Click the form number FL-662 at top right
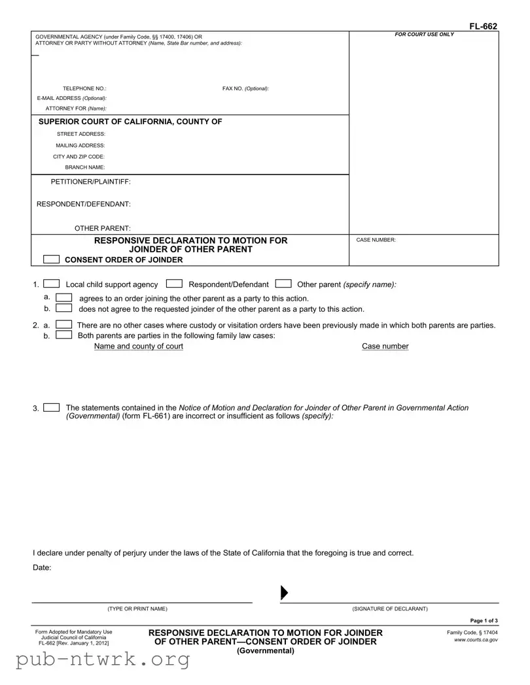pos(483,26)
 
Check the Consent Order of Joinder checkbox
pos(52,259)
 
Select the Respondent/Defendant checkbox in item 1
pos(174,284)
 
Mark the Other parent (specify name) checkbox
pos(283,284)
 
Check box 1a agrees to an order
pos(64,298)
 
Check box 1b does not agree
pos(64,309)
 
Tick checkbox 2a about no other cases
pos(64,325)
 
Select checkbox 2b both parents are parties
pos(64,335)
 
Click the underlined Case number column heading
pos(385,346)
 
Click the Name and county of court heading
pos(138,346)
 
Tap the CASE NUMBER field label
pos(376,241)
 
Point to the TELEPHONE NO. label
pos(84,88)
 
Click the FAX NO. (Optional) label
pos(245,88)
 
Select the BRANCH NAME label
pos(85,168)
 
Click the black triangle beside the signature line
pos(284,593)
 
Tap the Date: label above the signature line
pos(42,567)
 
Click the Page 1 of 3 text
pos(484,620)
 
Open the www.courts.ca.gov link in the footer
pos(476,640)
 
